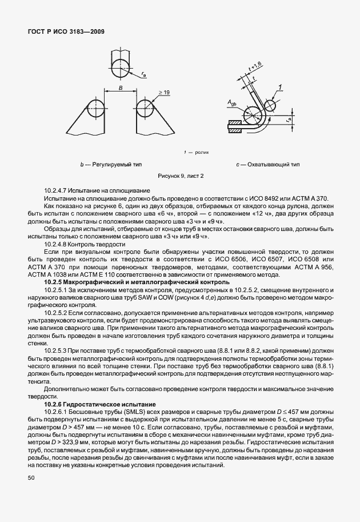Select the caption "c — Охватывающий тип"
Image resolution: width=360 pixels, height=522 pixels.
[x=267, y=165]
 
